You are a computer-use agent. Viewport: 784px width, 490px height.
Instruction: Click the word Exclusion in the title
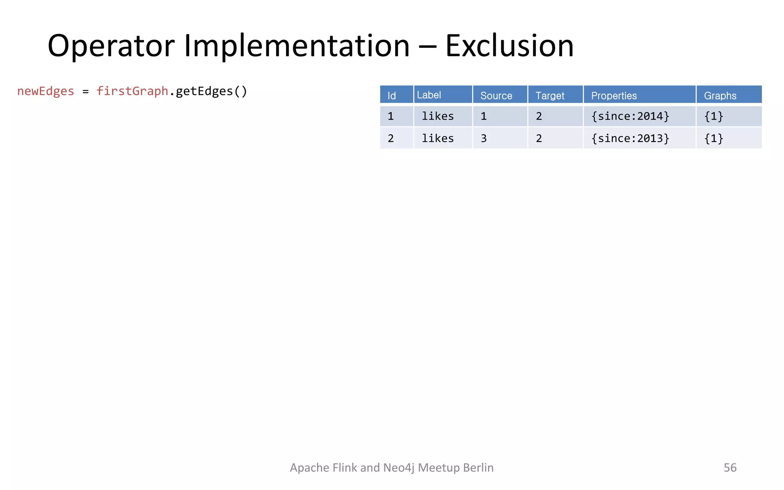[509, 46]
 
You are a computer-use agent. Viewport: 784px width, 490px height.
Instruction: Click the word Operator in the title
[111, 46]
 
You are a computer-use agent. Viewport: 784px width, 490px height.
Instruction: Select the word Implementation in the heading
[297, 46]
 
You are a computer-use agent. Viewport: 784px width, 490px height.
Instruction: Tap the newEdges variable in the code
[46, 91]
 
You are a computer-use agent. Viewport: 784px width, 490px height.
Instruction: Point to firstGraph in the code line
[132, 91]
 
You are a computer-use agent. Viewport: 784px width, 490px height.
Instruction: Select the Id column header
[392, 95]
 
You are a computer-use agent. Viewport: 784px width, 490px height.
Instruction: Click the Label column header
[429, 95]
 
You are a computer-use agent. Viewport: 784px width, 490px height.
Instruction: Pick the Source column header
[496, 95]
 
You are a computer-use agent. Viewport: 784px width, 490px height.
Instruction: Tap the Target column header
[550, 95]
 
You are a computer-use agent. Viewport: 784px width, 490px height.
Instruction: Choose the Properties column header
[614, 95]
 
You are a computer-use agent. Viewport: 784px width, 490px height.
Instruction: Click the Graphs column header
[720, 95]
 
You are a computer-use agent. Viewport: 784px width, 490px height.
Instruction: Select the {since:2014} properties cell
[630, 116]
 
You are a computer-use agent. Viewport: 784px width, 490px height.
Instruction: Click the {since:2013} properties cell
[630, 138]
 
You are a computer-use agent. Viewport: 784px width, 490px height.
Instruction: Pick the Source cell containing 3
[484, 138]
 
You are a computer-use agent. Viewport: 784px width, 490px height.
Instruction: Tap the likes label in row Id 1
[438, 116]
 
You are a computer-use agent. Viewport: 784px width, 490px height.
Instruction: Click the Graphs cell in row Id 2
[714, 138]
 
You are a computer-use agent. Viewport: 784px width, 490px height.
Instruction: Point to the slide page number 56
[730, 467]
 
